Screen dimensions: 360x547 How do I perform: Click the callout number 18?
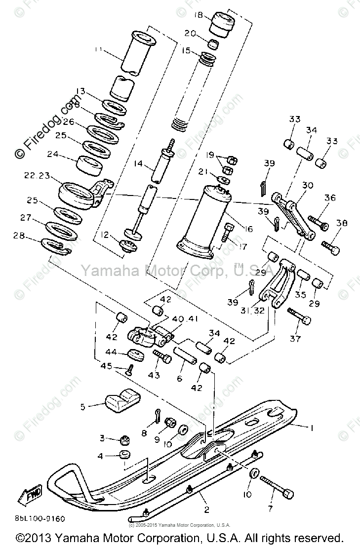coord(199,16)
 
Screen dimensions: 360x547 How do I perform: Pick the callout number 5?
coord(83,407)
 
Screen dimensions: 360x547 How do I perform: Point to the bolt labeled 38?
coord(330,244)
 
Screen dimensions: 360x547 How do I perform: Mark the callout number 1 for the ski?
coord(311,429)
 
